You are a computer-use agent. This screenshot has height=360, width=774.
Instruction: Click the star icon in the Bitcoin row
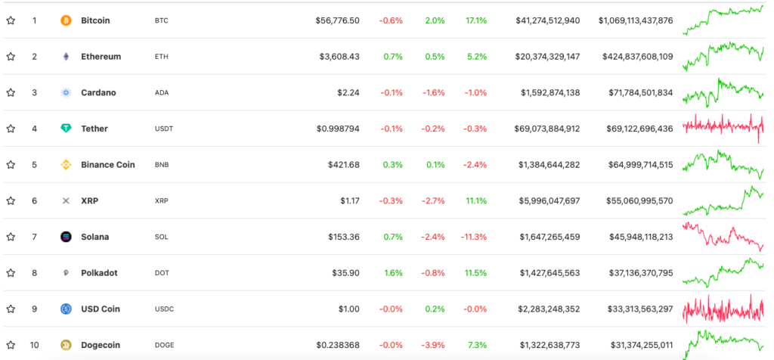click(11, 20)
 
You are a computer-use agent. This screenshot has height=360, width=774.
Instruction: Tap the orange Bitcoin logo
click(66, 20)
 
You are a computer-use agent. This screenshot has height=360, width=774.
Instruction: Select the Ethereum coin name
click(101, 57)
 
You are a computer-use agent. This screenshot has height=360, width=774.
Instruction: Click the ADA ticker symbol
click(161, 93)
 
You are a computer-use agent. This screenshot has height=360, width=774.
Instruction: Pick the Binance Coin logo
click(66, 165)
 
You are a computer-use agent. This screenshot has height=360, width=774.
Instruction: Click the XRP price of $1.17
click(349, 201)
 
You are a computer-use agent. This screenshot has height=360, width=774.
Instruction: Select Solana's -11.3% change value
click(473, 237)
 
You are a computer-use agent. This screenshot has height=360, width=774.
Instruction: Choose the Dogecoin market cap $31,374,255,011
click(634, 346)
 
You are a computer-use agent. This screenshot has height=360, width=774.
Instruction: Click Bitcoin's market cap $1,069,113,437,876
click(635, 20)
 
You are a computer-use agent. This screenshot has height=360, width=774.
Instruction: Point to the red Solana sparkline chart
click(723, 237)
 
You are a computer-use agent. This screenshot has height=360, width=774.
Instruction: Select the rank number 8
click(34, 273)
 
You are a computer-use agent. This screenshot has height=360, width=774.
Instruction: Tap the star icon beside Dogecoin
click(11, 346)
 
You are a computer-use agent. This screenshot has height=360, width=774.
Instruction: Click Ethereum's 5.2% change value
click(477, 57)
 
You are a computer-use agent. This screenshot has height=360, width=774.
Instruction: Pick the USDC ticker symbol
click(163, 309)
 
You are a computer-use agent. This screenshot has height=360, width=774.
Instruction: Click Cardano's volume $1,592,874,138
click(550, 93)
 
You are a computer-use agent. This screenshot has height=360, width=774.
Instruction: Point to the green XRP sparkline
click(723, 201)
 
